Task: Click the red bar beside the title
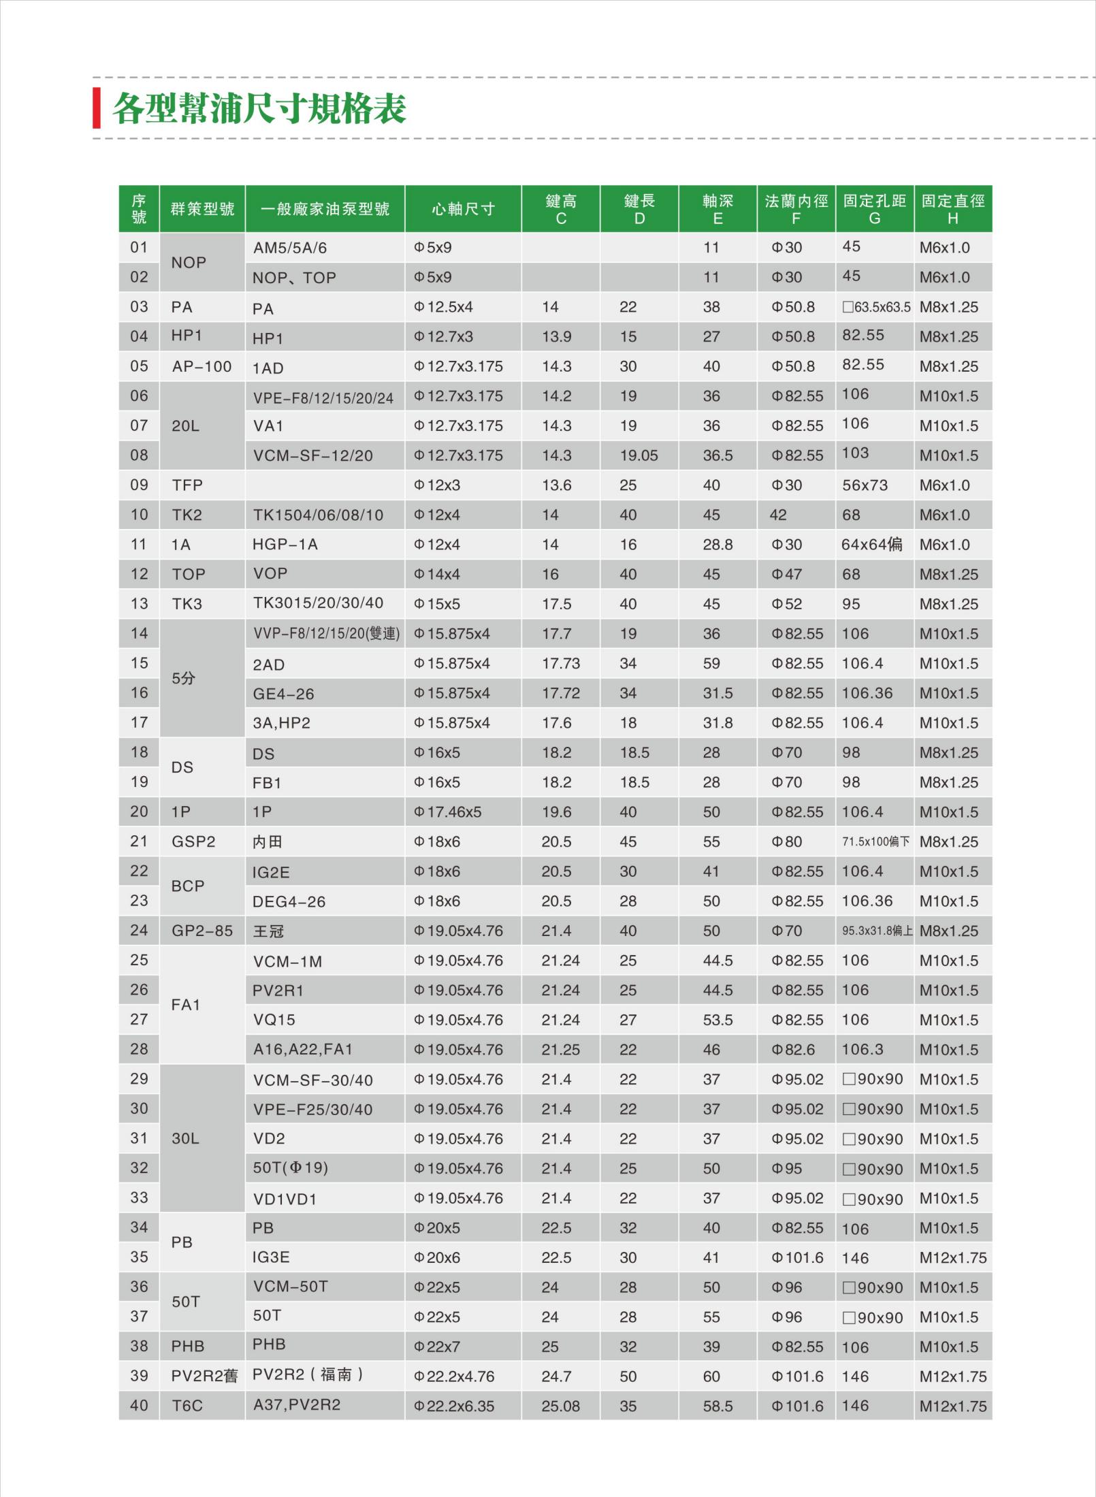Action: click(x=97, y=108)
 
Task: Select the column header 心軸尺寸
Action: click(x=463, y=209)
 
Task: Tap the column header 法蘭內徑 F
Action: click(x=796, y=209)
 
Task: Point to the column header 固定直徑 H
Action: click(x=952, y=209)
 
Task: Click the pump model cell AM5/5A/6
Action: click(x=290, y=248)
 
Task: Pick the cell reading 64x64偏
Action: click(x=872, y=545)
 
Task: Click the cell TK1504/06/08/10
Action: click(x=318, y=515)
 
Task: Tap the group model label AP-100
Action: click(x=202, y=367)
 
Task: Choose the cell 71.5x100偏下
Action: click(x=875, y=842)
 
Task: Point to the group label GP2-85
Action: click(x=202, y=931)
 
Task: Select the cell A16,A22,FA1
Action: click(x=303, y=1050)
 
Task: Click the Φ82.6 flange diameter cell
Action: click(x=793, y=1050)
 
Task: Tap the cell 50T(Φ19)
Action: click(x=291, y=1168)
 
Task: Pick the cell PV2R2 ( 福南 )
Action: click(x=308, y=1375)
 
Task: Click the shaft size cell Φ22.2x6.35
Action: click(x=454, y=1406)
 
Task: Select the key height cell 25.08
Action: click(x=560, y=1406)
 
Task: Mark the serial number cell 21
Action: click(x=139, y=841)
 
